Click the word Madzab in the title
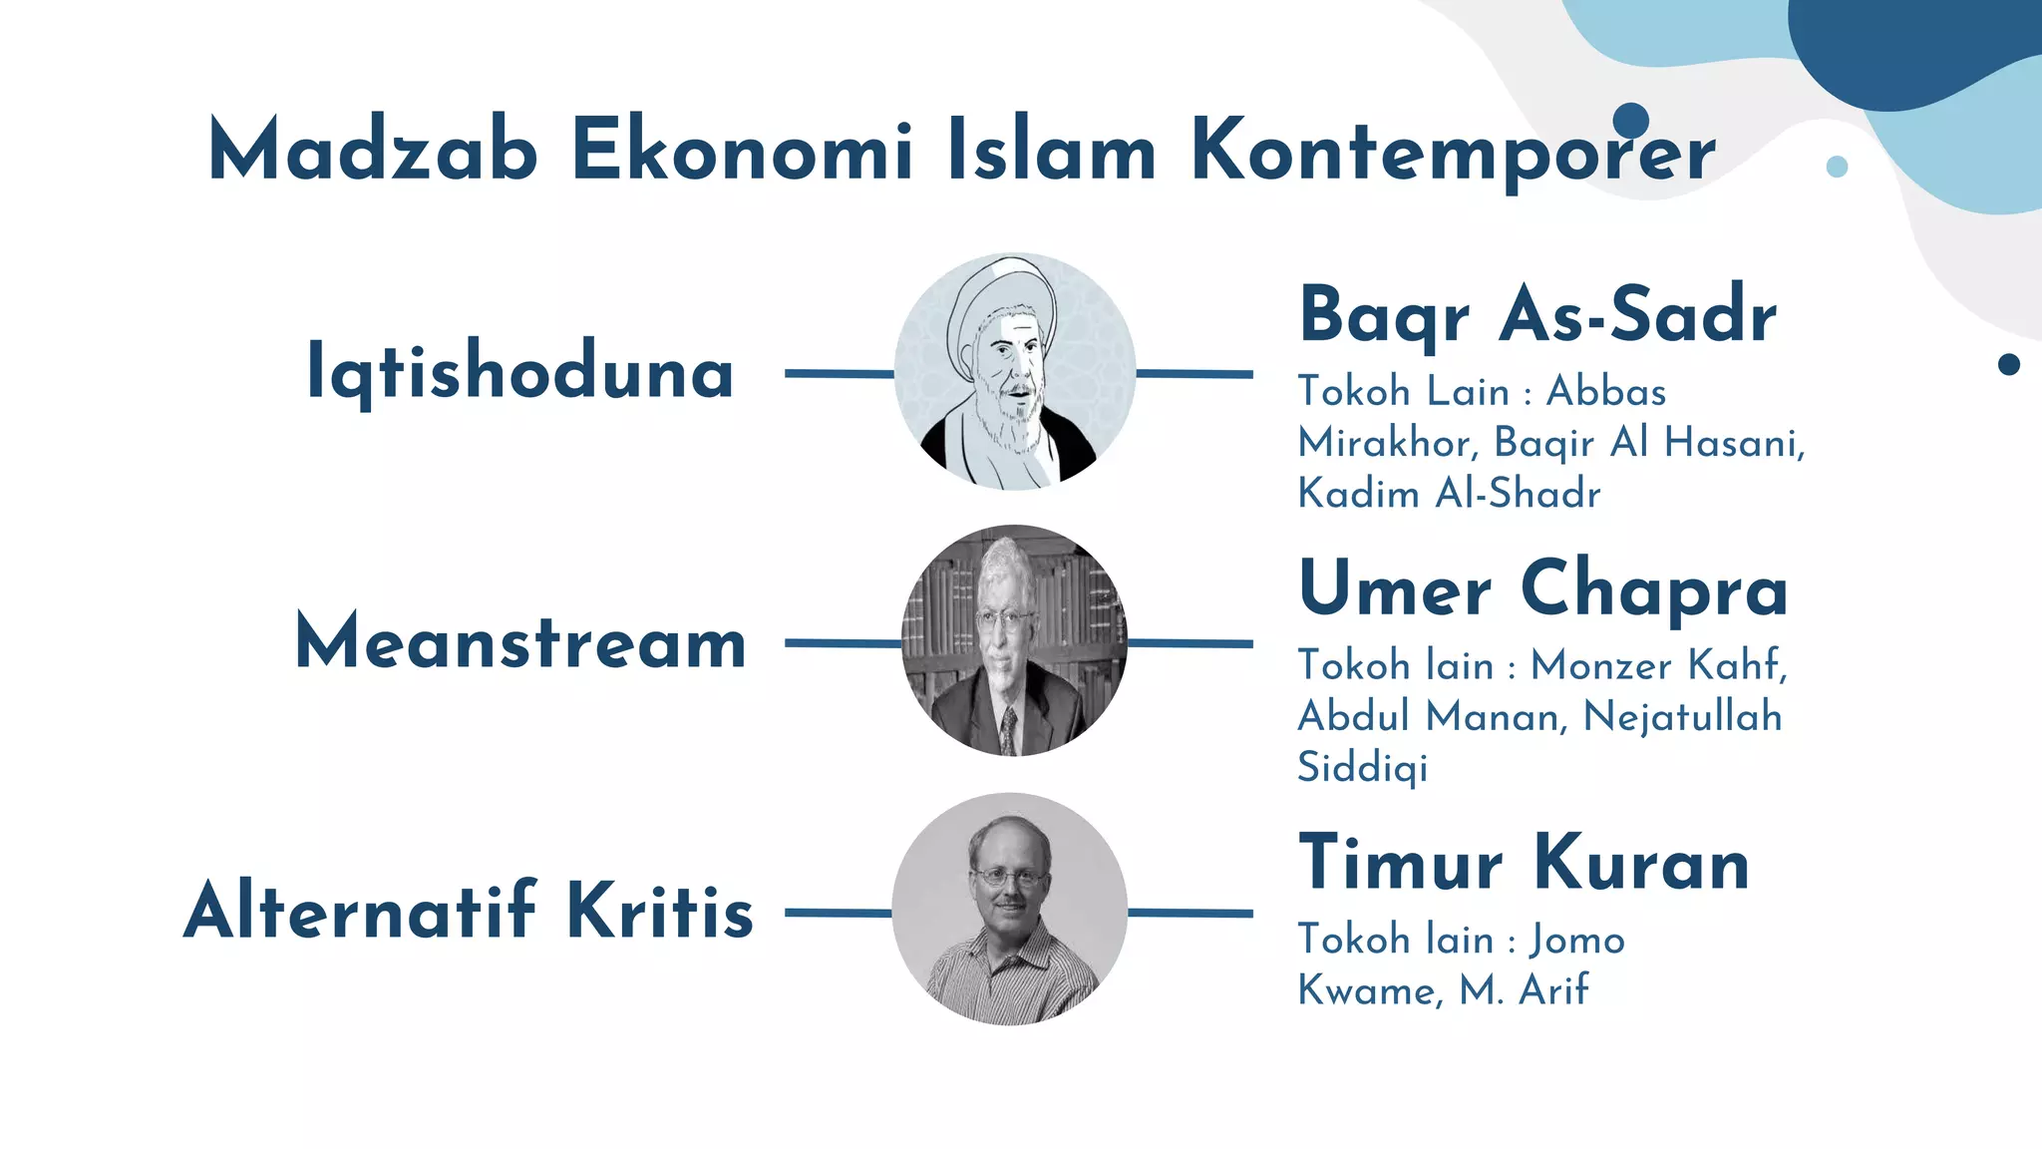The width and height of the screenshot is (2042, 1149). pyautogui.click(x=373, y=150)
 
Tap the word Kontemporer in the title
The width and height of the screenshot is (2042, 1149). pyautogui.click(x=1452, y=152)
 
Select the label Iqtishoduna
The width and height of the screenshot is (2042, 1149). pyautogui.click(x=519, y=372)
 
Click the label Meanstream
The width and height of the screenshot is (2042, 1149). pyautogui.click(x=520, y=642)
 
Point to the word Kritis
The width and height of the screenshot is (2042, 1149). pyautogui.click(x=660, y=911)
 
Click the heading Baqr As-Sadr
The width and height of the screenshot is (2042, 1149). pyautogui.click(x=1537, y=315)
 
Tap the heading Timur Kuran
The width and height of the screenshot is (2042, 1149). pyautogui.click(x=1524, y=863)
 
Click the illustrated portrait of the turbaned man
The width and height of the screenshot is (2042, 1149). pyautogui.click(x=1014, y=371)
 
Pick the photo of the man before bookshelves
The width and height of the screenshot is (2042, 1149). pyautogui.click(x=1014, y=640)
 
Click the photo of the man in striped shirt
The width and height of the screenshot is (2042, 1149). pyautogui.click(x=1010, y=910)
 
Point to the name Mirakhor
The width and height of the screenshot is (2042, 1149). pyautogui.click(x=1387, y=443)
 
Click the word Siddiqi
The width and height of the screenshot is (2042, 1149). pyautogui.click(x=1362, y=768)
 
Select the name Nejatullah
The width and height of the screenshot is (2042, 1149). pyautogui.click(x=1682, y=717)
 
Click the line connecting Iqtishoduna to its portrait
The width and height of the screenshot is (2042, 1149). pyautogui.click(x=839, y=374)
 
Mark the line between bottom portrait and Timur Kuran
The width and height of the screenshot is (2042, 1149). pyautogui.click(x=1190, y=913)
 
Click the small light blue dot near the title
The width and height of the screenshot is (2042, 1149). pyautogui.click(x=1837, y=167)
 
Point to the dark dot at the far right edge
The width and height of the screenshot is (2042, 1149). pyautogui.click(x=2009, y=364)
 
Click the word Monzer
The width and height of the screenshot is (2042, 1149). pyautogui.click(x=1600, y=665)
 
